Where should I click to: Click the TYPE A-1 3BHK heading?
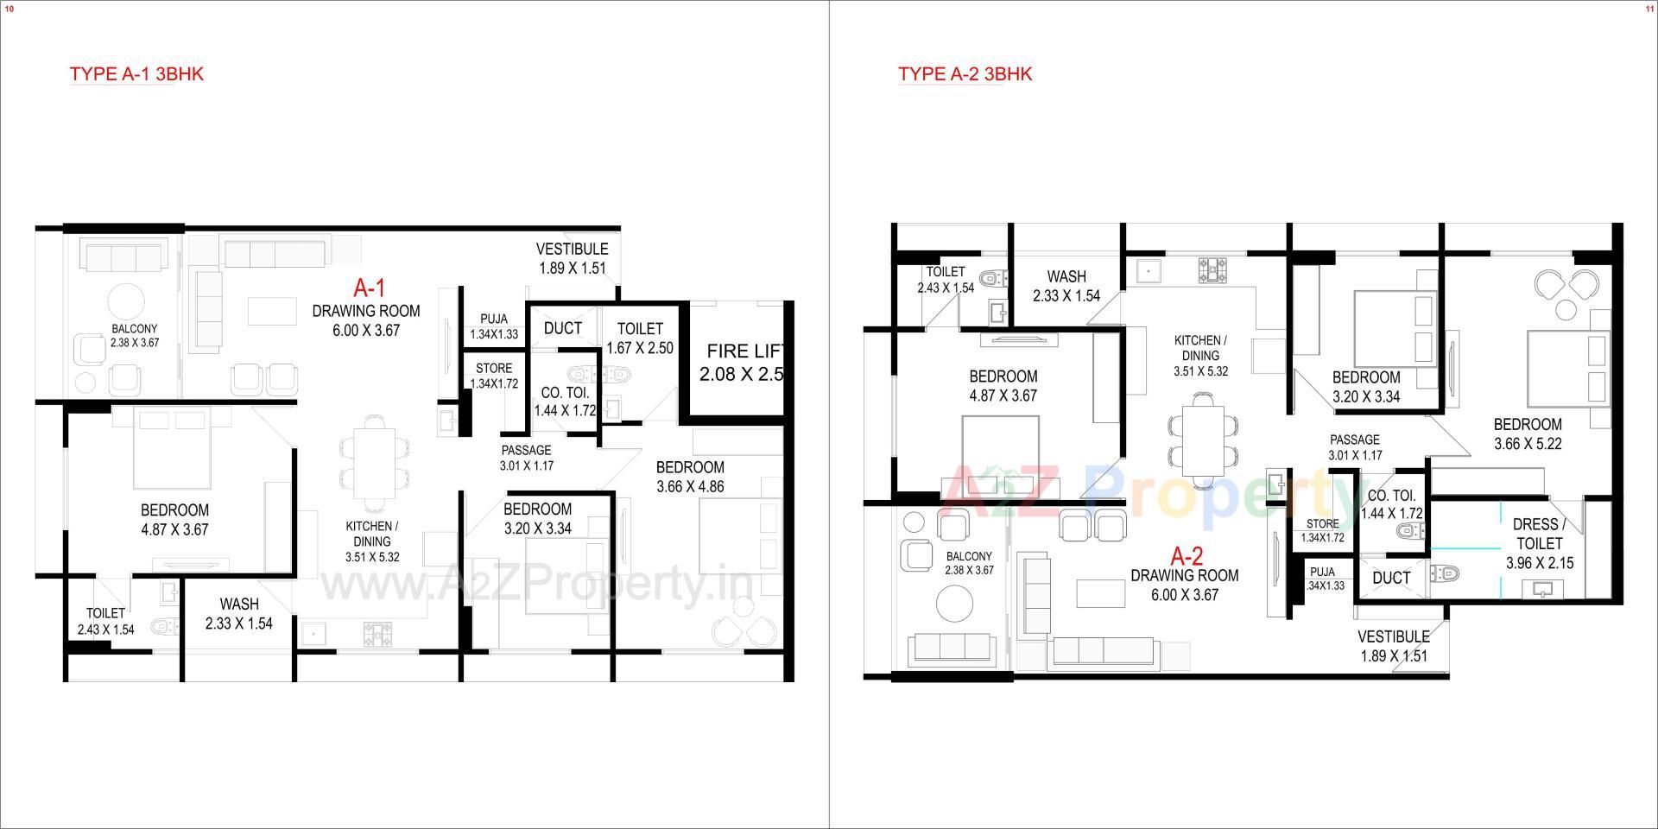[136, 74]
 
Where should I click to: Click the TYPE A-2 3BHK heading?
[965, 74]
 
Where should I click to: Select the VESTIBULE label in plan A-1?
[572, 250]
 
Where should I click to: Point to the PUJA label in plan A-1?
[494, 320]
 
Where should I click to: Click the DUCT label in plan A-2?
[1391, 578]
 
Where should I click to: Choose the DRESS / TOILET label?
[1539, 534]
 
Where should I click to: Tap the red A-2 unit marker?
[1187, 555]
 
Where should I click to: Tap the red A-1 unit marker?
[370, 288]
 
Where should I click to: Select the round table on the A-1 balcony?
[127, 302]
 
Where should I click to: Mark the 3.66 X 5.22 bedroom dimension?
[1528, 444]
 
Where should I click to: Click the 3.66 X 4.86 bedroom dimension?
[690, 486]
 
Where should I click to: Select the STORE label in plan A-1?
[494, 368]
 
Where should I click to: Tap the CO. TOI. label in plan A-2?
[1391, 496]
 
